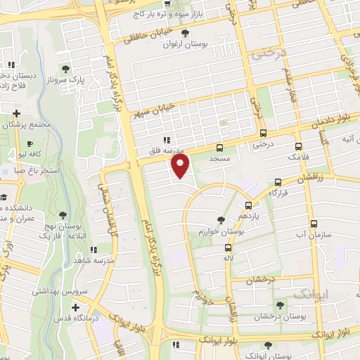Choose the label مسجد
219,160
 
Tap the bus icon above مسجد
219,148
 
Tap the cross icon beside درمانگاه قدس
76,307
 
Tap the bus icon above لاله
227,247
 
